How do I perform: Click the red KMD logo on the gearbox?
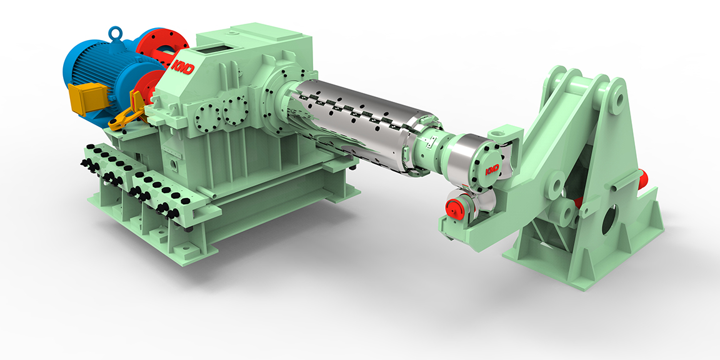(182, 66)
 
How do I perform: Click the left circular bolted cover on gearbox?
(207, 117)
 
